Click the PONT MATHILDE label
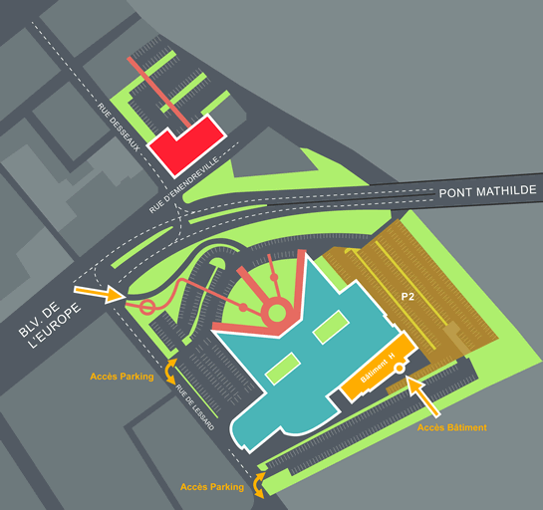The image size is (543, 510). (487, 191)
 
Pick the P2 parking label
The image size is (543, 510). (407, 297)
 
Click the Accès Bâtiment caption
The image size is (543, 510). (451, 427)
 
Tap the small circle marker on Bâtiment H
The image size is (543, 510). (400, 369)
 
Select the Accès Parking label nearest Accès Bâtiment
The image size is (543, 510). (212, 487)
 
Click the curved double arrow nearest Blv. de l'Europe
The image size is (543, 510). (171, 371)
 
